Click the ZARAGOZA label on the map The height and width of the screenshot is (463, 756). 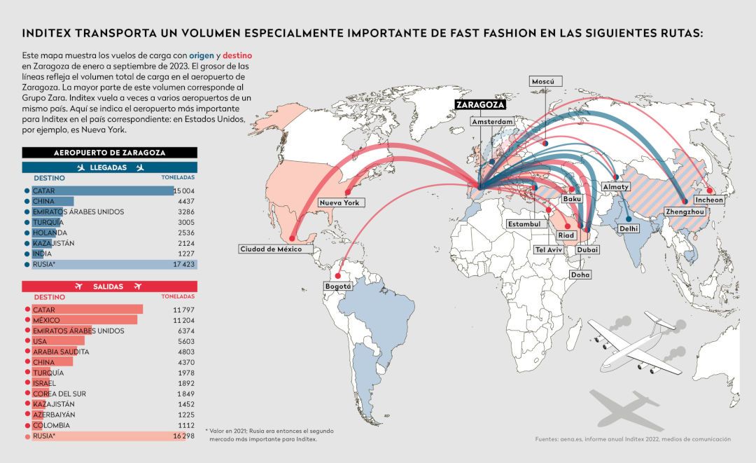coord(481,104)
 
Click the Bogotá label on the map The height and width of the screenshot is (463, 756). coord(338,286)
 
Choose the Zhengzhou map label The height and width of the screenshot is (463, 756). coord(685,212)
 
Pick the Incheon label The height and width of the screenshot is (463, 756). coord(708,200)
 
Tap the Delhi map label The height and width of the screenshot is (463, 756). coord(629,228)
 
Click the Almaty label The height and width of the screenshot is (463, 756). coord(616,186)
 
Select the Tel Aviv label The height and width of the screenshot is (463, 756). coord(549,249)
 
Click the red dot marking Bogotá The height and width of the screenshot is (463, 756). coord(338,277)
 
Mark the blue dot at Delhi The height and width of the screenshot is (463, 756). coord(629,219)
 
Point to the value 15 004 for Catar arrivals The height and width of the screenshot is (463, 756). coord(184,191)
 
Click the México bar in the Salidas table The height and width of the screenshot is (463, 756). coord(85,320)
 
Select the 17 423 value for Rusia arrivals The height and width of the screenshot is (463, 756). coord(183,264)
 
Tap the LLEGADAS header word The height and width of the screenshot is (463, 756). coord(108,167)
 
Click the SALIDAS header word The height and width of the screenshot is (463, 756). coord(108,286)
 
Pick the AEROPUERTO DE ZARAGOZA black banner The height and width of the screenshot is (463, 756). coord(109,153)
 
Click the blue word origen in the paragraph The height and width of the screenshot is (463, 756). coord(202,55)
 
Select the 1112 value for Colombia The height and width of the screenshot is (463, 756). coord(186,425)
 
